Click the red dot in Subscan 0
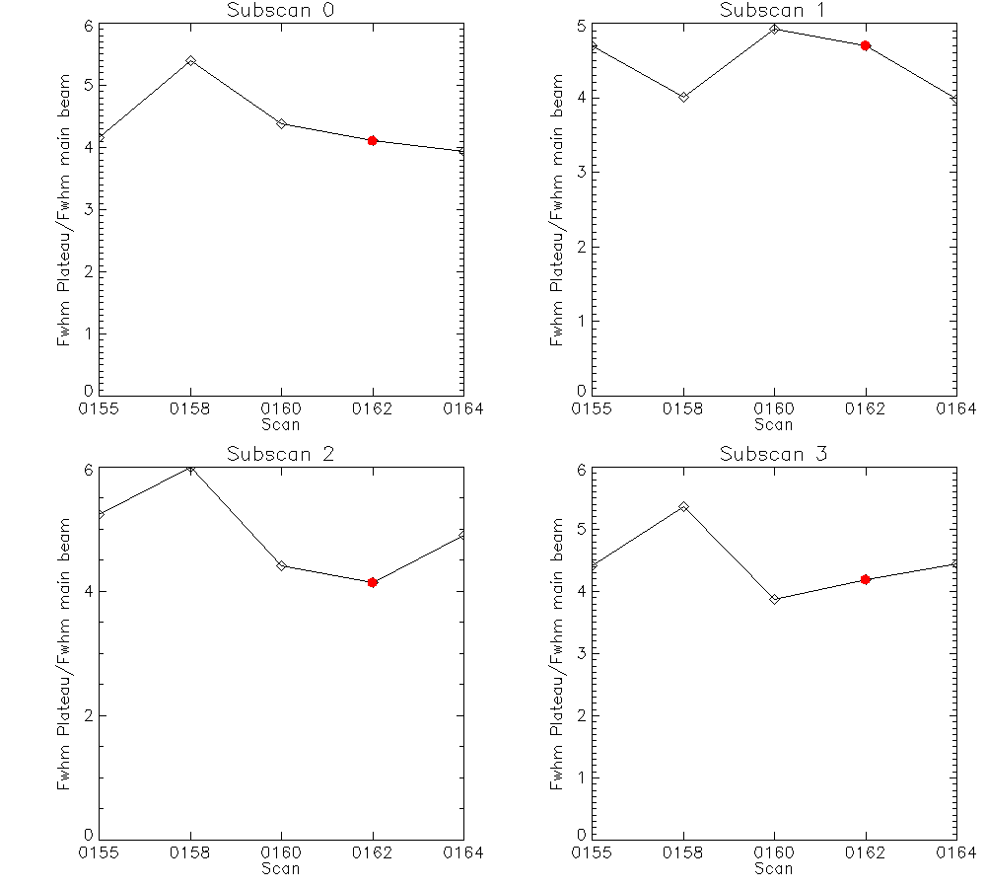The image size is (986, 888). click(x=373, y=141)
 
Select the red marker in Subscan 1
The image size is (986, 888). click(x=866, y=45)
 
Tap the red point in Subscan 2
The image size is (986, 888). click(x=373, y=582)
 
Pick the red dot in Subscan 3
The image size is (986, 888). click(x=866, y=579)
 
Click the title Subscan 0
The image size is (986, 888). click(x=280, y=11)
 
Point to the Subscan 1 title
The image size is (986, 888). click(x=773, y=11)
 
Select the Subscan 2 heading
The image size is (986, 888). click(x=280, y=455)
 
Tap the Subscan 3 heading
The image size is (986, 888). click(x=773, y=455)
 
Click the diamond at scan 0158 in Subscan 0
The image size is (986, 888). click(x=190, y=60)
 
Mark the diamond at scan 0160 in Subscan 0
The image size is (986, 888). click(x=282, y=123)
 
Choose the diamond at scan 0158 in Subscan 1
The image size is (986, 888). click(x=683, y=97)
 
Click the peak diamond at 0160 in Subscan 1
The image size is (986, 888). click(x=775, y=29)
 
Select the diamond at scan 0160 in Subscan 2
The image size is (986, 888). click(x=282, y=565)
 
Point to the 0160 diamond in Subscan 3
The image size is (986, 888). click(x=775, y=599)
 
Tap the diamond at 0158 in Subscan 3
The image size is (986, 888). click(x=683, y=506)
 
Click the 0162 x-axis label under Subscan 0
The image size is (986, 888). click(x=373, y=407)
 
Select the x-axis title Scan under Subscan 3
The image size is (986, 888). click(x=773, y=868)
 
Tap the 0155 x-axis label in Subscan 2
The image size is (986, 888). click(x=99, y=851)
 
